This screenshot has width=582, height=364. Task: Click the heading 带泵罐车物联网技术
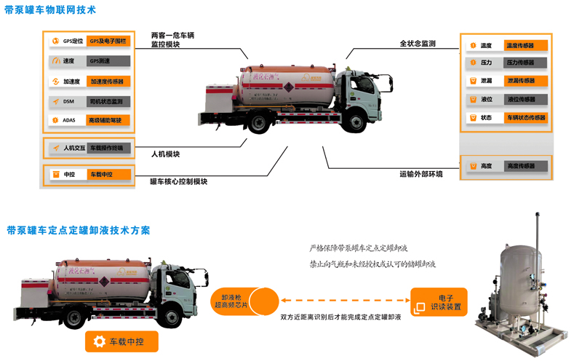50,10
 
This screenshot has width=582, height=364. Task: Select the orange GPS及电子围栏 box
108,41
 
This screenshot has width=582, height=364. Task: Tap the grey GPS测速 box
108,61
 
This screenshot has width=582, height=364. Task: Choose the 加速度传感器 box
108,82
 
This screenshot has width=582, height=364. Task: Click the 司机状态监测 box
108,101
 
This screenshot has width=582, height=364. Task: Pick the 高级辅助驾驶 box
108,120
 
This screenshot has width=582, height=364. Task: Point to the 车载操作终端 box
109,148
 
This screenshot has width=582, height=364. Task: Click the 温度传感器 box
525,46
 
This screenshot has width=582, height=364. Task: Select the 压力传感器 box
525,63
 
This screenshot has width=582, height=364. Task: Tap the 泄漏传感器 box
525,81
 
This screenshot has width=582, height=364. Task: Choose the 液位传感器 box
525,99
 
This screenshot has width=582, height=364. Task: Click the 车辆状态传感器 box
525,117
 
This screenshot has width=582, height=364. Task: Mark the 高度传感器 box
525,166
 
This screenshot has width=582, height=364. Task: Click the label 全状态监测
418,44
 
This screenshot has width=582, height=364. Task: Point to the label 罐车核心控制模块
178,181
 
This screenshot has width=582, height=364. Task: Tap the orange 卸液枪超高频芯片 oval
244,301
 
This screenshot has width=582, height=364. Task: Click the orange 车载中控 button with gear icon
121,341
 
